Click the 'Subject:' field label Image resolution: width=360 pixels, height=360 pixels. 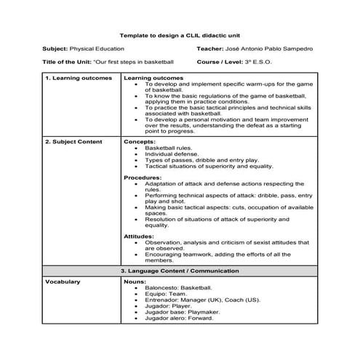pos(56,49)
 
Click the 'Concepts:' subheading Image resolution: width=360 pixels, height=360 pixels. pos(139,142)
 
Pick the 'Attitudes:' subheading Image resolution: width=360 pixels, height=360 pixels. pos(140,236)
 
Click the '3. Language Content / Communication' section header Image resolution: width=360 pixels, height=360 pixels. pos(180,271)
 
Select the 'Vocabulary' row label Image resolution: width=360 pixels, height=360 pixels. pos(63,281)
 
